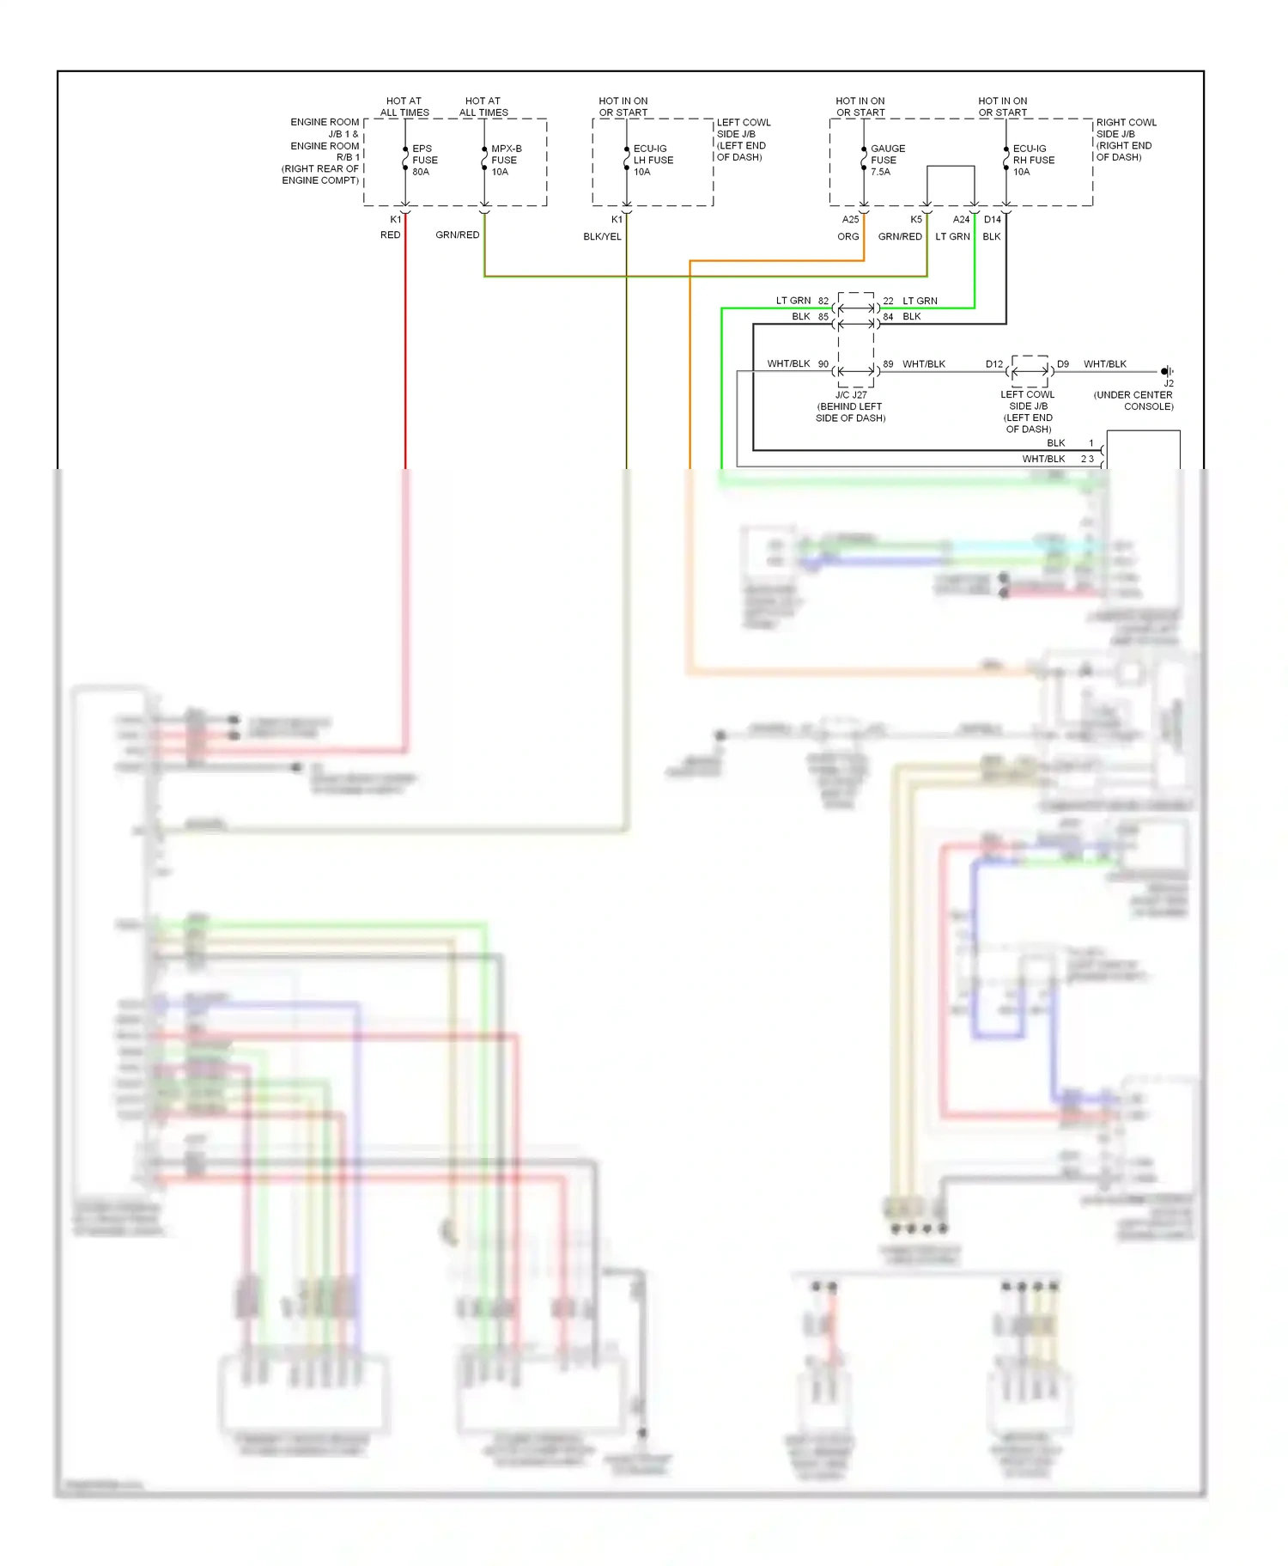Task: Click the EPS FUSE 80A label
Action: (424, 160)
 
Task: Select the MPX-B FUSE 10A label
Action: (505, 160)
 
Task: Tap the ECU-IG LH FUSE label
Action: (653, 160)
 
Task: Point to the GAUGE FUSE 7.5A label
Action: (887, 160)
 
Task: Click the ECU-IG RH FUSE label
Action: (1033, 160)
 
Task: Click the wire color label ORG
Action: (848, 236)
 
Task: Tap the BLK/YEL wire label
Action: (602, 236)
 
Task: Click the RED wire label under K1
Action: (390, 235)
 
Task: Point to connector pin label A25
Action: (850, 219)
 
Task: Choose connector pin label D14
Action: (992, 219)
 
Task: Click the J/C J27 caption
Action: (850, 395)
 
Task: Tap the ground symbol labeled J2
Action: (1166, 372)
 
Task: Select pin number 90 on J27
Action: (823, 364)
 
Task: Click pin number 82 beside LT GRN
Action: (823, 301)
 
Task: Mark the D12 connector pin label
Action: (993, 364)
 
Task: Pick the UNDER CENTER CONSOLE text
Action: (1133, 400)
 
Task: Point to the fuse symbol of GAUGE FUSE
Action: (864, 160)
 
